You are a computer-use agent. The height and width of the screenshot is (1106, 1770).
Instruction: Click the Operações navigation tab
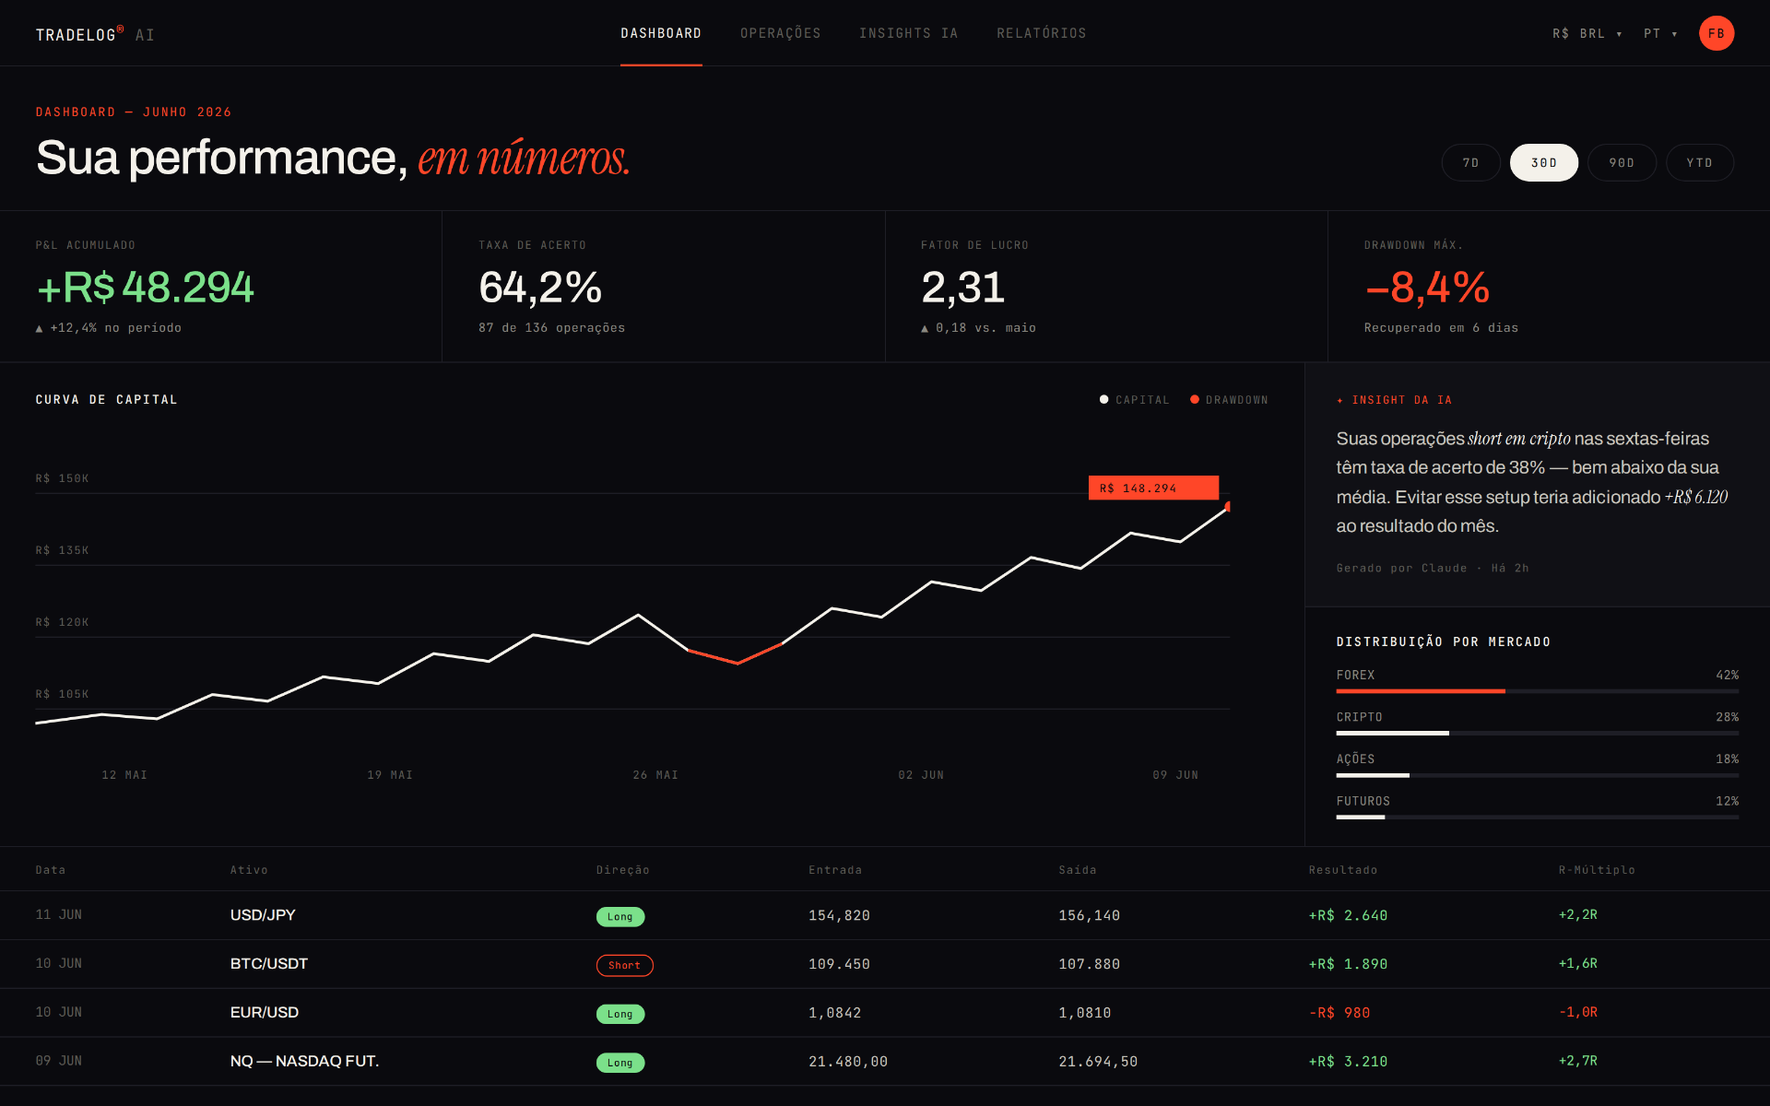tap(780, 33)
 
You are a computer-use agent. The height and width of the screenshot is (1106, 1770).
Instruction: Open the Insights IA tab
tap(908, 33)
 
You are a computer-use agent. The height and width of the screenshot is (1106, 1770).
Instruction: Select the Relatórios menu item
tap(1041, 33)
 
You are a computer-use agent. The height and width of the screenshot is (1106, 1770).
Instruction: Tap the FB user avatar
tap(1716, 33)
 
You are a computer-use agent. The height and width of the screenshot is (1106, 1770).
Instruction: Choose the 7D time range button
tap(1470, 162)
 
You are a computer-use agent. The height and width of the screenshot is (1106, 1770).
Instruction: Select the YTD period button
tap(1699, 162)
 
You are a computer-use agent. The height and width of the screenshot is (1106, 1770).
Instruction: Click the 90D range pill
tap(1622, 162)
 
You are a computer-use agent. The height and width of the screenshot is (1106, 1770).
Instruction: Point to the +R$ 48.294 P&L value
tap(145, 288)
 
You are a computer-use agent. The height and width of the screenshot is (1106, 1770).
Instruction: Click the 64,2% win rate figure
tap(540, 288)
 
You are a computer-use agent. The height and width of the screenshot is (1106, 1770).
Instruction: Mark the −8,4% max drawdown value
tap(1427, 288)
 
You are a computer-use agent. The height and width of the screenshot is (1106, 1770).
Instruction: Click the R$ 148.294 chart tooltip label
tap(1153, 488)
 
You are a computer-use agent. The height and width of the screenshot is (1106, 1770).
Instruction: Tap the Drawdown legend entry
tap(1229, 400)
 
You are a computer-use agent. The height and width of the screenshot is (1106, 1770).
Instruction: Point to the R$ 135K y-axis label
tap(62, 550)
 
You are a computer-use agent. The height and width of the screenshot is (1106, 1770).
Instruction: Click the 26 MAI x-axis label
tap(655, 775)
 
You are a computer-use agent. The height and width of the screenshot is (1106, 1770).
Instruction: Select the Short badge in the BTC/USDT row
tap(624, 965)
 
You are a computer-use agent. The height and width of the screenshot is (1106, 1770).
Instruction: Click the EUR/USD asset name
tap(265, 1012)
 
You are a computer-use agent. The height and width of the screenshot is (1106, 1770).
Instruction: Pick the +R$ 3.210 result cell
tap(1348, 1062)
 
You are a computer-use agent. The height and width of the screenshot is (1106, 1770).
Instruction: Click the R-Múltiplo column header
tap(1597, 870)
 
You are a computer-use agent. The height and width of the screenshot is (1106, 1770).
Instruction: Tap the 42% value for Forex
tap(1727, 675)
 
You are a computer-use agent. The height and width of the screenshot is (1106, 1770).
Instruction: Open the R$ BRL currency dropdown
tap(1587, 33)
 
